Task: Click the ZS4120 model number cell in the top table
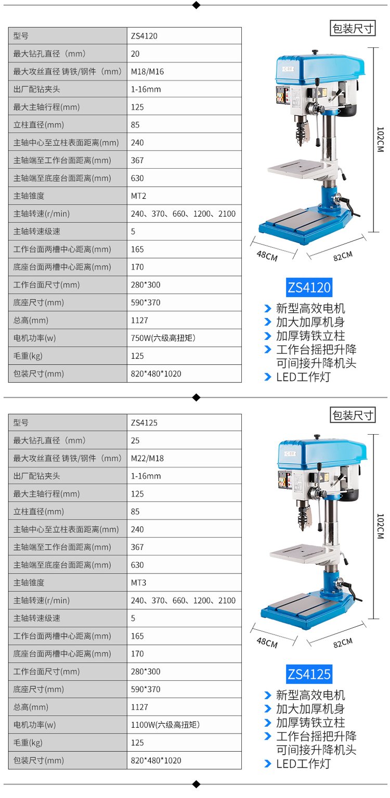coord(144,36)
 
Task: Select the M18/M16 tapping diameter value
coord(147,72)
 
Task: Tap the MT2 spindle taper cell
coord(138,196)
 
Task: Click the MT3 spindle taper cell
coord(138,583)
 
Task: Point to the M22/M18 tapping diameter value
coord(147,459)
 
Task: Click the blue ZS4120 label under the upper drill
coord(309,287)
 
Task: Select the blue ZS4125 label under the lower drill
coord(309,675)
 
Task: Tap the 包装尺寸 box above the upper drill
coord(353,29)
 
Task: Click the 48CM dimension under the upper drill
coord(267,256)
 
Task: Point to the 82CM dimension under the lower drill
coord(343,643)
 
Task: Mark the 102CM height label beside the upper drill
coord(381,140)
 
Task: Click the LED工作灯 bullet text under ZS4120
coord(304,377)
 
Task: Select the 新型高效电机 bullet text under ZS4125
coord(310,695)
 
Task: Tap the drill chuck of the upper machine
coord(301,131)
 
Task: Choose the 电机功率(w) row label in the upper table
coord(34,338)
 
